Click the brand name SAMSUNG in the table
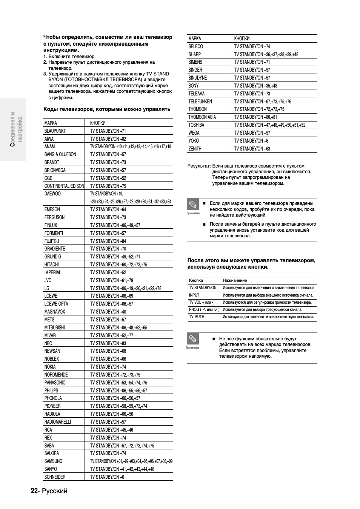[x=53, y=461]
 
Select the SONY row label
[x=194, y=86]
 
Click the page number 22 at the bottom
[x=34, y=491]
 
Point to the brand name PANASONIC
[x=55, y=383]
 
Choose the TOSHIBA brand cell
[x=196, y=125]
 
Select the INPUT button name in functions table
[x=194, y=295]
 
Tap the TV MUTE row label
[x=197, y=317]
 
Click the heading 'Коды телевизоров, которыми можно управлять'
[x=107, y=109]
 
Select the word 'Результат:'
[x=199, y=166]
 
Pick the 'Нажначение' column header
[x=235, y=280]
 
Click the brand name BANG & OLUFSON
[x=60, y=154]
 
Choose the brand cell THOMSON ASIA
[x=202, y=117]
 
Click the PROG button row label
[x=204, y=309]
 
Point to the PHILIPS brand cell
[x=51, y=391]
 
